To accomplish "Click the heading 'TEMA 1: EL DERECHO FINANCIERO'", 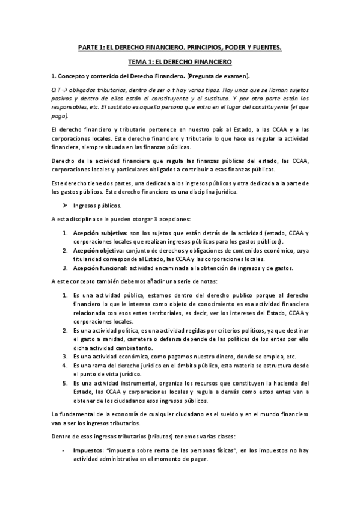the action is pos(180,61).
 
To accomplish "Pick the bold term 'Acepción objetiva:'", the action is pos(97,250).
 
